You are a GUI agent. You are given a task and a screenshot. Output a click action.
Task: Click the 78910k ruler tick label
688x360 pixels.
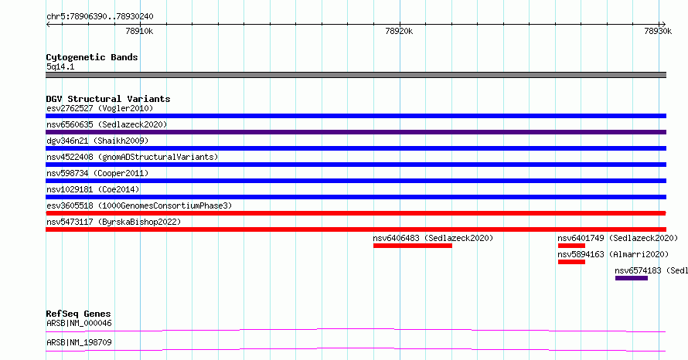139,31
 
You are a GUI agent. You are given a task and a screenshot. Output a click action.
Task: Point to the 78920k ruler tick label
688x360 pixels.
399,31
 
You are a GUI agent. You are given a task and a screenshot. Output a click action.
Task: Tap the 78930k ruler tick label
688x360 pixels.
658,31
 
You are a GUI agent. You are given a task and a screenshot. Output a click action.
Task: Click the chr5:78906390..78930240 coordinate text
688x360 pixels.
100,17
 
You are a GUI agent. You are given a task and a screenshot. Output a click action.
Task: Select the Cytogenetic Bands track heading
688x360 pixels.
92,57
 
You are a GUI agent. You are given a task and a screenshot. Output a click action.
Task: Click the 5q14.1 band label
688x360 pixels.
60,66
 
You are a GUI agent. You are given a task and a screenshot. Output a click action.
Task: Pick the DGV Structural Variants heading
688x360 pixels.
108,99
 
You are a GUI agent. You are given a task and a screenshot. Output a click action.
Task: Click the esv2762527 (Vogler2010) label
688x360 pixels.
100,108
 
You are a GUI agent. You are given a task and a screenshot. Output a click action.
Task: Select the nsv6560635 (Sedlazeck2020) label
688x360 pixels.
107,124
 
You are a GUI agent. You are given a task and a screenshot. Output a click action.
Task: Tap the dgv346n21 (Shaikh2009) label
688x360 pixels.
97,141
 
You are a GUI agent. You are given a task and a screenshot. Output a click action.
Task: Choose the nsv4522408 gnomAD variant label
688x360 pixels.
132,157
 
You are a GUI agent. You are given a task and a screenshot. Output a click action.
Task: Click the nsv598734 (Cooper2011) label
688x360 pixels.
97,173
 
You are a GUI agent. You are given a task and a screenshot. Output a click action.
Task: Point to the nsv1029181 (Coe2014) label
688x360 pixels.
93,189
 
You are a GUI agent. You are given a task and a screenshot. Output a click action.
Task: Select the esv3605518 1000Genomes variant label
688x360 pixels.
139,205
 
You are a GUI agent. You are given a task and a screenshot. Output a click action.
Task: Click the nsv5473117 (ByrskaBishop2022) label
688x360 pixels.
114,222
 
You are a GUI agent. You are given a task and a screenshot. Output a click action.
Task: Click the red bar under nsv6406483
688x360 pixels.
413,246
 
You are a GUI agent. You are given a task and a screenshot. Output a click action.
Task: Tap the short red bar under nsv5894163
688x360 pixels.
571,262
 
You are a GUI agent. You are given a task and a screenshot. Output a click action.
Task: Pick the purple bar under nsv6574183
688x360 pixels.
632,278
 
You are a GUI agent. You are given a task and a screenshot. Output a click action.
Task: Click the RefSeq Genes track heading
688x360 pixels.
78,314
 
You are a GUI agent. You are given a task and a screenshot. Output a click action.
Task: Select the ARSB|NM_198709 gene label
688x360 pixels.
79,342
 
